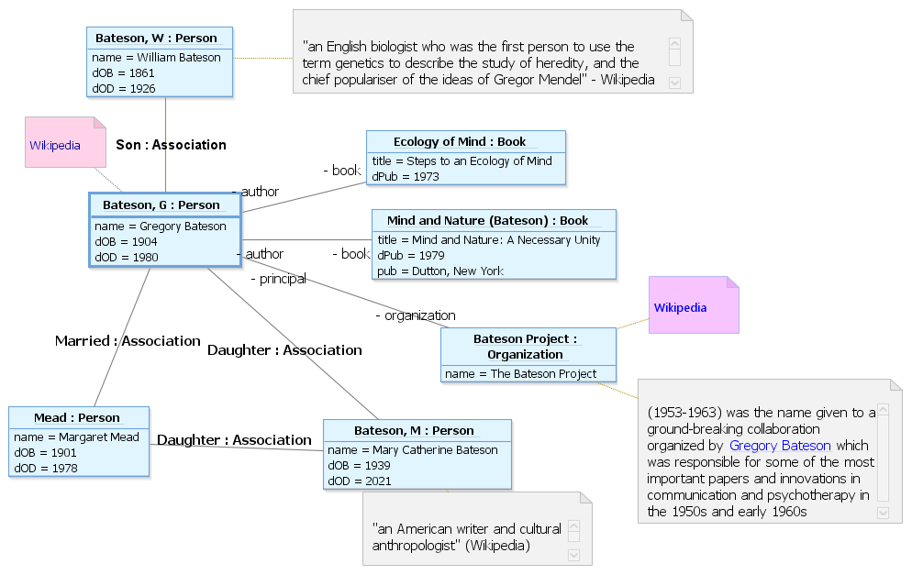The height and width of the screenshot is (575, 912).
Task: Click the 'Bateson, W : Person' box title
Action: point(156,39)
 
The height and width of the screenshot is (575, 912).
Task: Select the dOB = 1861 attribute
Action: point(123,72)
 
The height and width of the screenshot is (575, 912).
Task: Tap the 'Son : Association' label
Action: point(171,145)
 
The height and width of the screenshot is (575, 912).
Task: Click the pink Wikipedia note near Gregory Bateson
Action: point(66,142)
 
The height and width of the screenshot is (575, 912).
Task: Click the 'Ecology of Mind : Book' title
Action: point(460,142)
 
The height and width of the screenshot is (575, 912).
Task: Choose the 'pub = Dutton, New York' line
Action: point(440,271)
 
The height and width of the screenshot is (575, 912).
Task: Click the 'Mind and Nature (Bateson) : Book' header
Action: point(487,221)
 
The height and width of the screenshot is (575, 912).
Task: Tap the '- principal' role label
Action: point(279,279)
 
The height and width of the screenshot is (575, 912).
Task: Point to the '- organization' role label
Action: point(416,315)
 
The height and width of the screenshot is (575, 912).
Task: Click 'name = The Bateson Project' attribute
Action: point(520,374)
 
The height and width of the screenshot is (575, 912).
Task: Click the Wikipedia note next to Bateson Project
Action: point(694,305)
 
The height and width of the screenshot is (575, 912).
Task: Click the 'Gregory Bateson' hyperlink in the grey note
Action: point(780,446)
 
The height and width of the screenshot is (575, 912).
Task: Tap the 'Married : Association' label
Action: point(128,341)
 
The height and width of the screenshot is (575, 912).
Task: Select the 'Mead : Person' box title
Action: point(77,418)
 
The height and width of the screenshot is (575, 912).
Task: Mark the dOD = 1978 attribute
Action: point(45,468)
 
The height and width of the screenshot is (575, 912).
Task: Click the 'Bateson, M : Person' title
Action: point(414,431)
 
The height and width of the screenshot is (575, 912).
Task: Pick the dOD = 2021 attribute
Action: point(360,481)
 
